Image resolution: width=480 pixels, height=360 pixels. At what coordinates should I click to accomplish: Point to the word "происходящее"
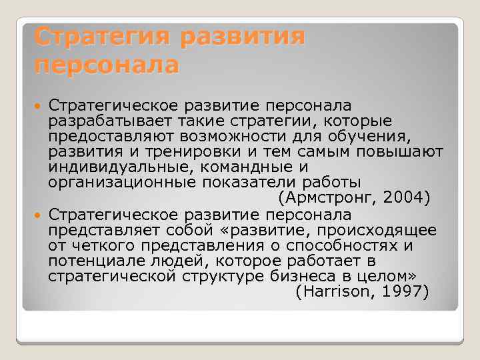(378, 231)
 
